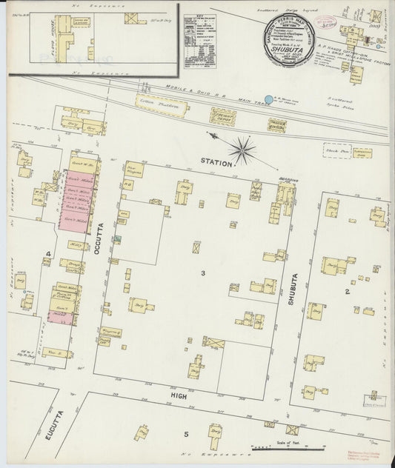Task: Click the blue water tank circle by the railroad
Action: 269,98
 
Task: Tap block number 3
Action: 202,273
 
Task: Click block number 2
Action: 346,291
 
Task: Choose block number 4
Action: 47,255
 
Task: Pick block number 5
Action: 186,434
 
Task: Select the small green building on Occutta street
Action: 118,239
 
